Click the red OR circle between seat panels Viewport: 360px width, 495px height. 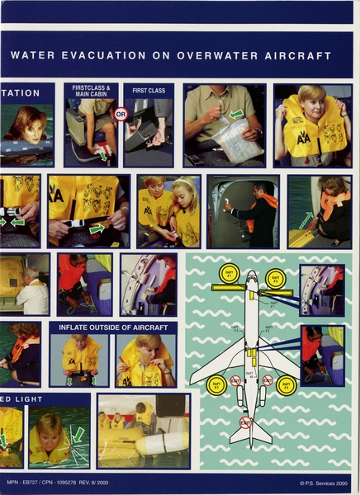click(121, 115)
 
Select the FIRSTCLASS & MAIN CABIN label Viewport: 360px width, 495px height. click(91, 91)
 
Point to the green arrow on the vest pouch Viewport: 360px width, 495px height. click(237, 113)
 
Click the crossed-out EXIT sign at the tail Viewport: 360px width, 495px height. click(246, 422)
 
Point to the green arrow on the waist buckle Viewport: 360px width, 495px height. click(97, 227)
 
